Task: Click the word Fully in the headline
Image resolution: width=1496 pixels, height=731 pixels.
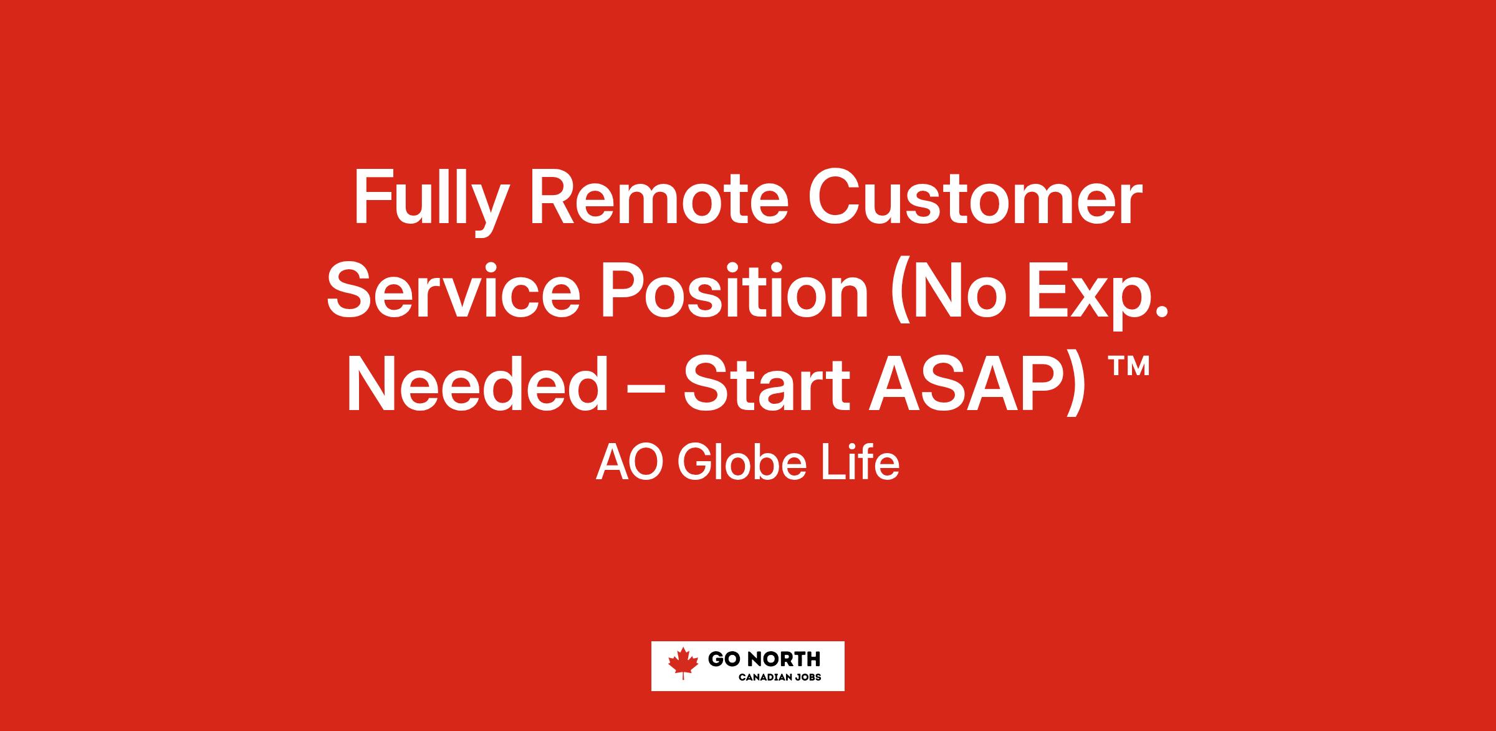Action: point(428,203)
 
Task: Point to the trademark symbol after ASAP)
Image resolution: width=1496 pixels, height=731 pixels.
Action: point(1128,368)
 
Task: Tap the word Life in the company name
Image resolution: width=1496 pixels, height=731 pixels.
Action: point(860,464)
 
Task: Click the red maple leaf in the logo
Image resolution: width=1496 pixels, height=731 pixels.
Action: point(683,662)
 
